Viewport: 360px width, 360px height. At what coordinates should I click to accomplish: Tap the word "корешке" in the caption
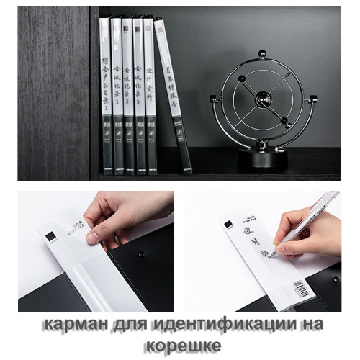pos(180,346)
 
